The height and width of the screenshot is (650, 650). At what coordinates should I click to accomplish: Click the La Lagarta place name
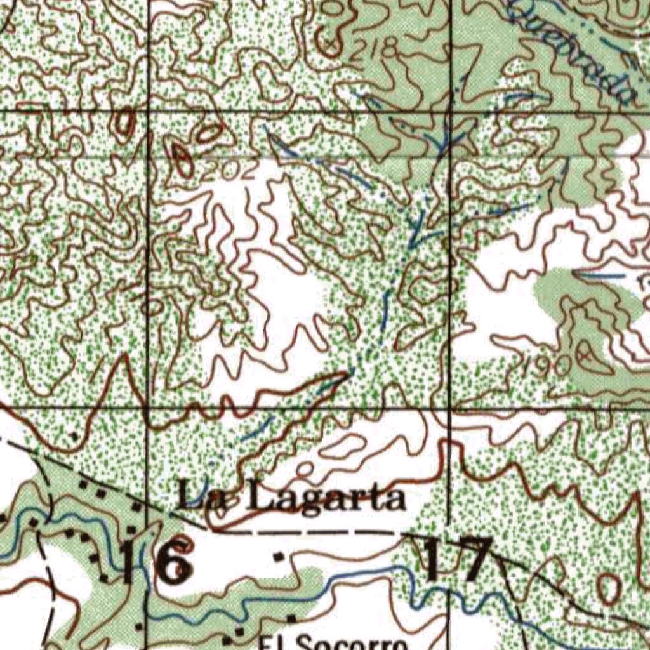291,496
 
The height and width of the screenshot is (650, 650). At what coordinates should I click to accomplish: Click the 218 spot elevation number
375,48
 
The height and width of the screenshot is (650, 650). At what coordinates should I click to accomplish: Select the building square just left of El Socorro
241,632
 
